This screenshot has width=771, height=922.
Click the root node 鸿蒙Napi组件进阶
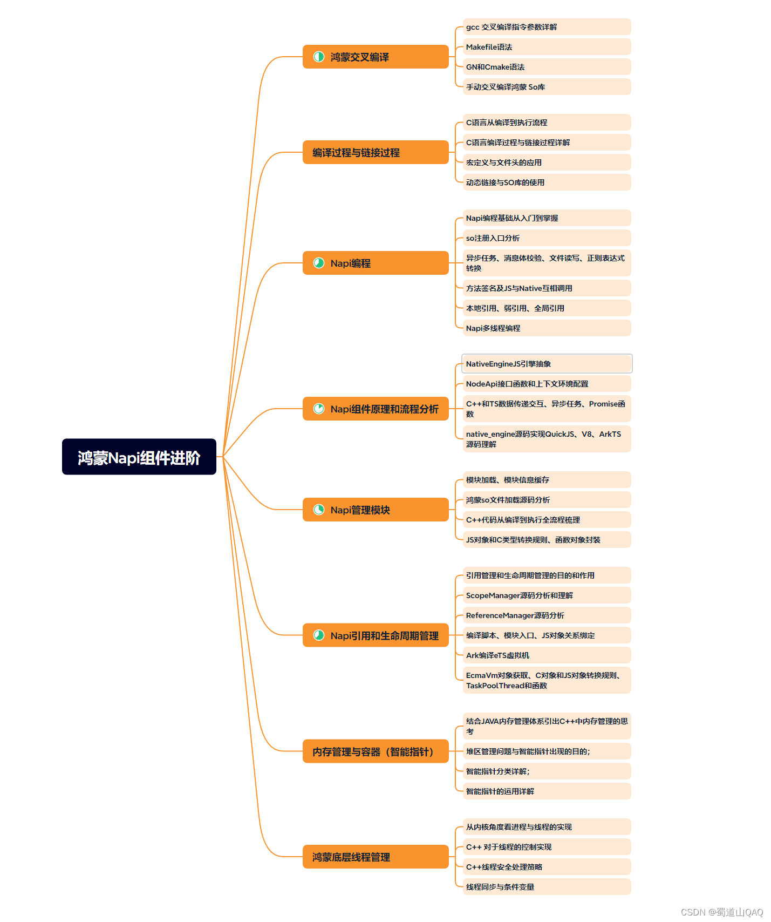coord(139,457)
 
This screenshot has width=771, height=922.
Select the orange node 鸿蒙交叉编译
coord(376,57)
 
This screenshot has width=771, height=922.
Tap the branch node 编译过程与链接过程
coord(376,152)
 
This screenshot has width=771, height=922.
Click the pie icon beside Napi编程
coord(319,263)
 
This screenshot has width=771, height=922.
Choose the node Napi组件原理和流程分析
coord(376,409)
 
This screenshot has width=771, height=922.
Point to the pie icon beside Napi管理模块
coord(319,510)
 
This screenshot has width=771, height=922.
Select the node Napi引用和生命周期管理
coord(376,635)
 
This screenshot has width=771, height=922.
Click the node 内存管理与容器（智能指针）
coord(376,751)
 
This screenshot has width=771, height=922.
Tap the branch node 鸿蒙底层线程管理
coord(376,857)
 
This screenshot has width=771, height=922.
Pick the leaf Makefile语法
coord(547,47)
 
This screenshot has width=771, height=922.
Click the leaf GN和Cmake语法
coord(547,67)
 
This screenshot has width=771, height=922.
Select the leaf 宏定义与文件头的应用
coord(547,162)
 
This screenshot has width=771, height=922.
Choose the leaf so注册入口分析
coord(547,238)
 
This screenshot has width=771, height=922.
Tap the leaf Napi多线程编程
coord(547,328)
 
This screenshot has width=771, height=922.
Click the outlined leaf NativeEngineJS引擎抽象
coord(547,364)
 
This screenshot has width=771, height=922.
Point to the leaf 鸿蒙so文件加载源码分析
coord(547,500)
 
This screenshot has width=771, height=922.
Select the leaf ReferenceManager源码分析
coord(547,615)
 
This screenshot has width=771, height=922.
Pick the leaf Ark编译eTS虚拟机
coord(547,655)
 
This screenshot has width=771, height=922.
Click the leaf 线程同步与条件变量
coord(547,887)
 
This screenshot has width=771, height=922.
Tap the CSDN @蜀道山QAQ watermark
coord(722,912)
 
